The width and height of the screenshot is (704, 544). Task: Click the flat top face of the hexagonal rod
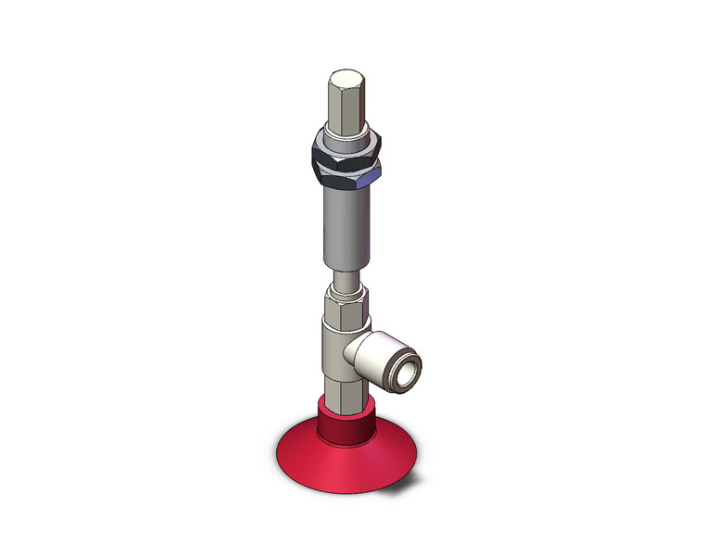click(346, 75)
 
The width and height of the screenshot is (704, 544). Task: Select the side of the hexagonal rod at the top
click(345, 107)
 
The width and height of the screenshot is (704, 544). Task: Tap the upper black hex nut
click(344, 146)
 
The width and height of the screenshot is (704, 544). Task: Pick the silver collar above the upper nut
click(344, 133)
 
